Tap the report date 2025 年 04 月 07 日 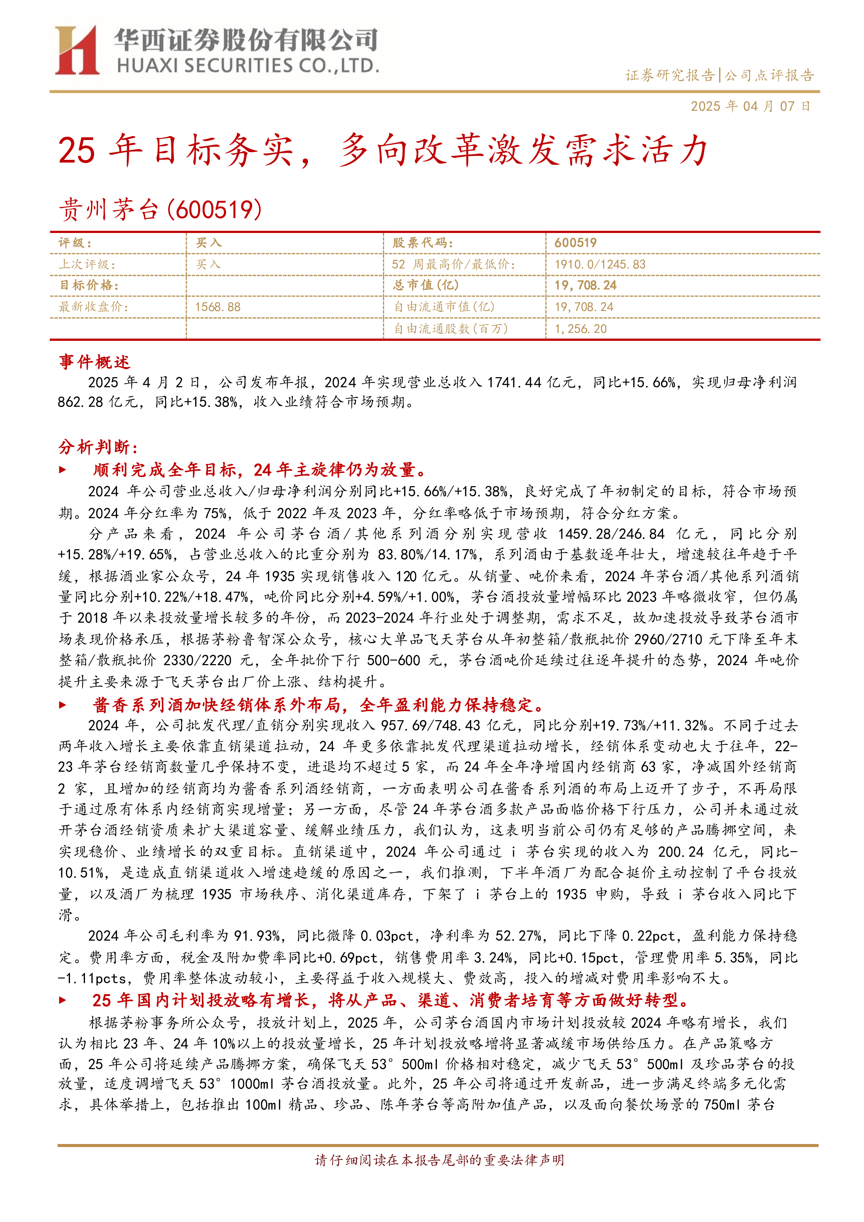[x=750, y=107]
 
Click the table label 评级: [x=75, y=243]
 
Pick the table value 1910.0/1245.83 [x=600, y=265]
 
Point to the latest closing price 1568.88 [x=218, y=307]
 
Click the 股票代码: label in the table [x=423, y=243]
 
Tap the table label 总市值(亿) [x=425, y=285]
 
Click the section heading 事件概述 [x=94, y=362]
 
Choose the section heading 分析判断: [x=98, y=447]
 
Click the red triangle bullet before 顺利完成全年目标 [x=63, y=470]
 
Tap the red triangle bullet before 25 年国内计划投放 [x=63, y=1000]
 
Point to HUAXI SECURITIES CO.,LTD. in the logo [x=248, y=65]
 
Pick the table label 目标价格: [x=89, y=285]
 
